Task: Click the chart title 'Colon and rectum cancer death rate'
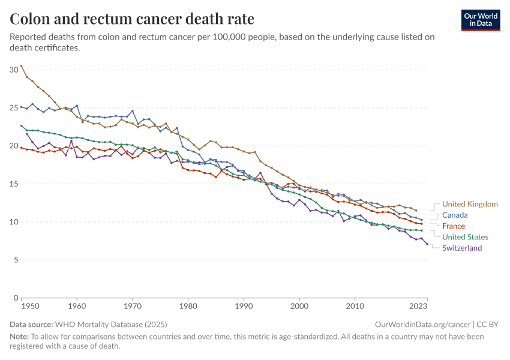pyautogui.click(x=132, y=19)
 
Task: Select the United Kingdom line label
pyautogui.click(x=470, y=204)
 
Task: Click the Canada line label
pyautogui.click(x=455, y=215)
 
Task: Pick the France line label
pyautogui.click(x=454, y=226)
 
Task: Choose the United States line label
pyautogui.click(x=465, y=237)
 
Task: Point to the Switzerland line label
pyautogui.click(x=462, y=248)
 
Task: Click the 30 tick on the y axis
pyautogui.click(x=14, y=70)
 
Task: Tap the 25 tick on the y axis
pyautogui.click(x=14, y=108)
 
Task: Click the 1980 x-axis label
pyautogui.click(x=188, y=306)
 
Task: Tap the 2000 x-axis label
pyautogui.click(x=299, y=306)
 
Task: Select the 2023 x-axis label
pyautogui.click(x=419, y=306)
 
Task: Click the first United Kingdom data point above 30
pyautogui.click(x=21, y=65)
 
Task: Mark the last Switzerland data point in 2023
pyautogui.click(x=427, y=244)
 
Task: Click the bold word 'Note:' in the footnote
pyautogui.click(x=20, y=337)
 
